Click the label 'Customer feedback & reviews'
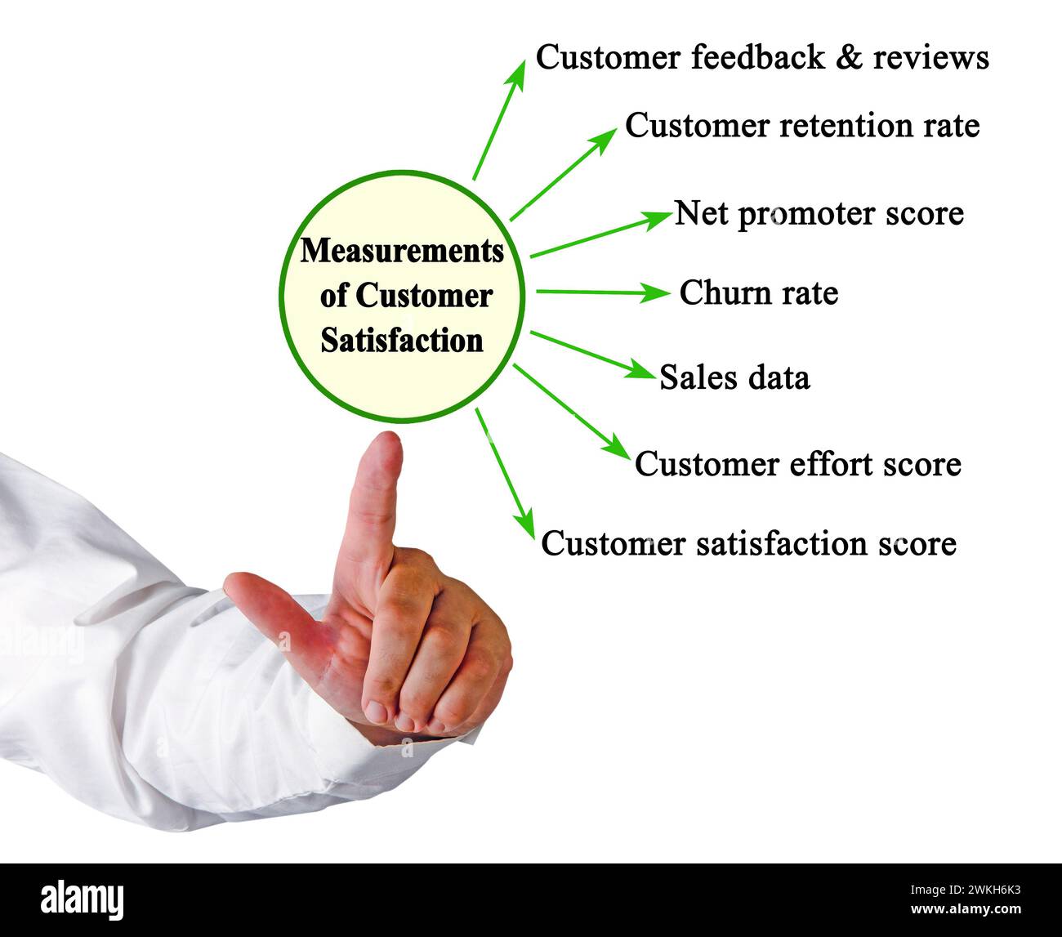click(761, 58)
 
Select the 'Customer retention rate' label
click(801, 127)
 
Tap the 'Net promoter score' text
click(819, 214)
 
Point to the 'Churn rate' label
click(758, 293)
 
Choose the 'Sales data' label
click(734, 377)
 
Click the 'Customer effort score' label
click(797, 464)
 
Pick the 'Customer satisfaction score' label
click(748, 543)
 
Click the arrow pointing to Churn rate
click(602, 292)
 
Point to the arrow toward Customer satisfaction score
click(503, 471)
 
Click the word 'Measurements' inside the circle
click(402, 251)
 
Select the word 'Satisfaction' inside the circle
click(402, 340)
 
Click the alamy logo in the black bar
click(83, 899)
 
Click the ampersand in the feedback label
click(852, 58)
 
